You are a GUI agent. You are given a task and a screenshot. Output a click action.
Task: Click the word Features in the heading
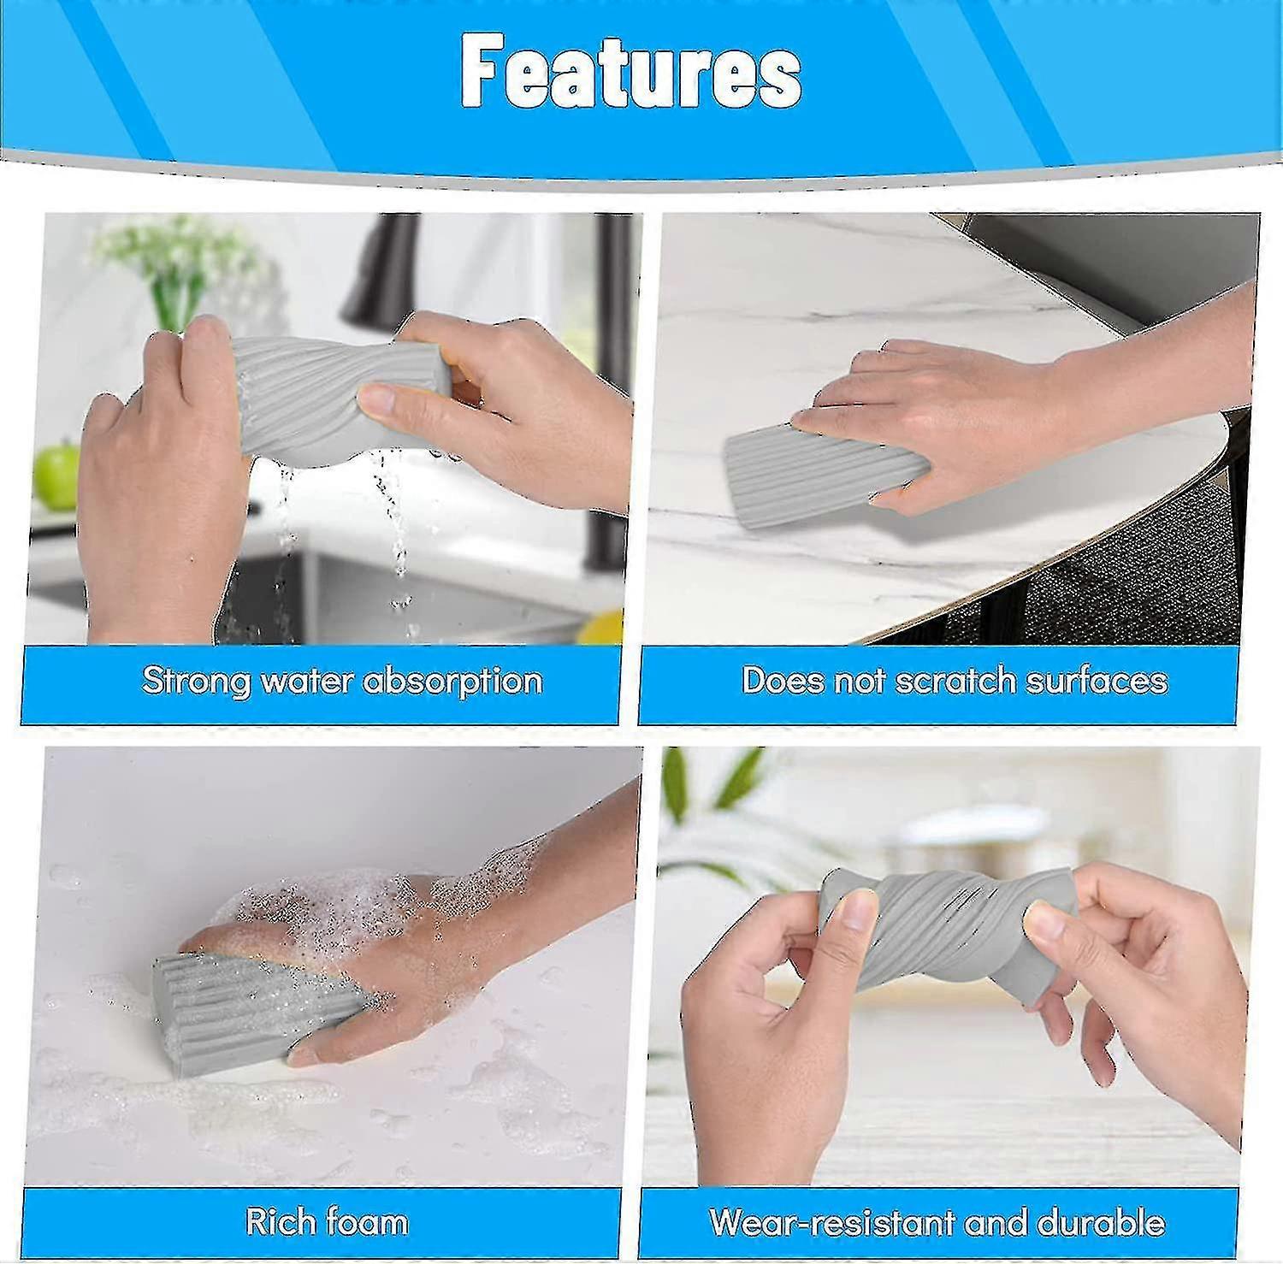point(631,73)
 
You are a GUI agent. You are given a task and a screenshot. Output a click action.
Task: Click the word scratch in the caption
point(955,681)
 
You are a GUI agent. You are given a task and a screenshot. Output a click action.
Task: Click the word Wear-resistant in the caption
point(830,1222)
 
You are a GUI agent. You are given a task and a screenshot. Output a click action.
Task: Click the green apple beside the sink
point(56,474)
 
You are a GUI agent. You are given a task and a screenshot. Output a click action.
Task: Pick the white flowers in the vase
point(171,248)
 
